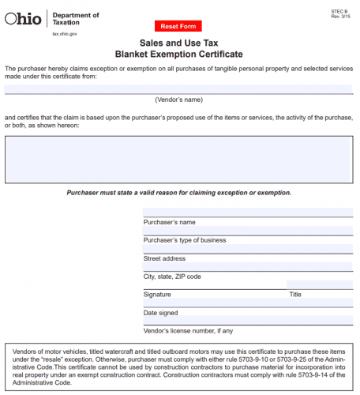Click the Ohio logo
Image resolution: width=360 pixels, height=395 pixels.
coord(24,19)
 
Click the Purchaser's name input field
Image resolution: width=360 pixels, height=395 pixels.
coord(247,213)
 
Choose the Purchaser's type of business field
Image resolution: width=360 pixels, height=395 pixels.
coord(247,231)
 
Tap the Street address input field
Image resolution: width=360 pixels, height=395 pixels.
coord(247,249)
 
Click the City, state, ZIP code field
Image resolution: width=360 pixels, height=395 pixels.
coord(247,267)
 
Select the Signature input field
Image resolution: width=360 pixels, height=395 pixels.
coord(213,285)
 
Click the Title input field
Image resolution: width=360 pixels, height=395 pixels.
coord(319,285)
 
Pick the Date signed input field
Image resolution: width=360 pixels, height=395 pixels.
coord(247,303)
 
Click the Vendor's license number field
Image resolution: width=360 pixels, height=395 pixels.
coord(247,322)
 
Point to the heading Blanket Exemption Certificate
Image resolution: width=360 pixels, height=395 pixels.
coord(178,55)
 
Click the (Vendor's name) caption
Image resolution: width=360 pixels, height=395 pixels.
coord(178,100)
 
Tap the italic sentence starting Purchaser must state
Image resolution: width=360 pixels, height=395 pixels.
coord(178,193)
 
